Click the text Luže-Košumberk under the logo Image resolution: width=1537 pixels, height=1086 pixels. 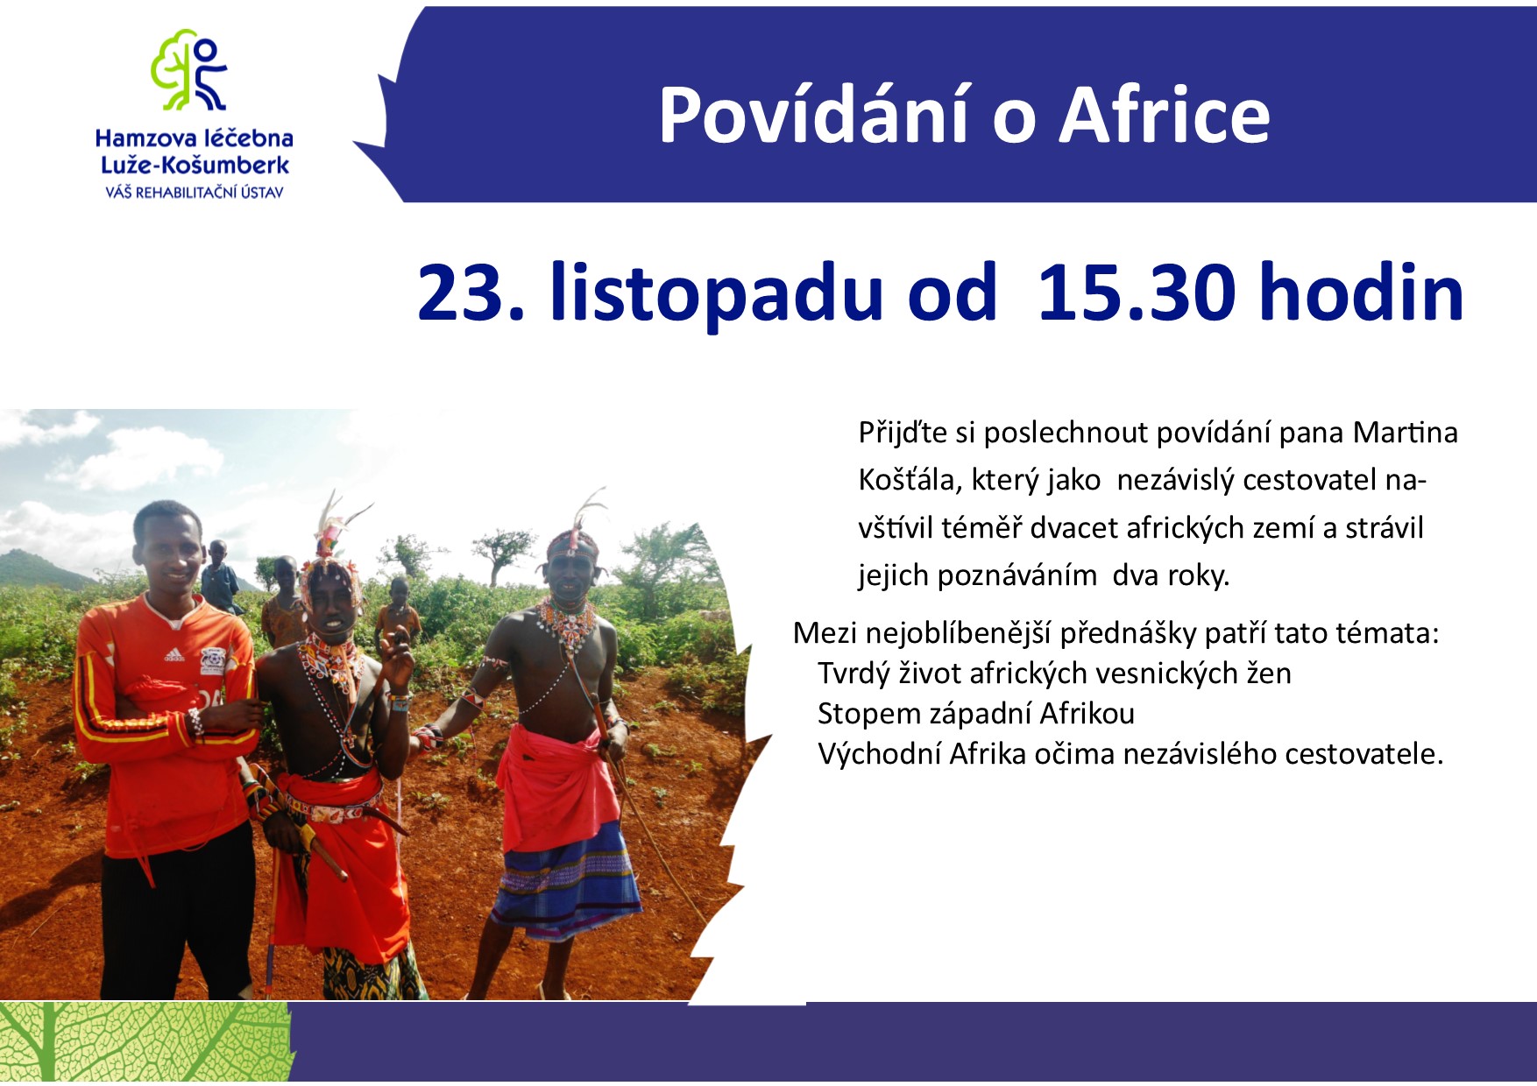(x=195, y=165)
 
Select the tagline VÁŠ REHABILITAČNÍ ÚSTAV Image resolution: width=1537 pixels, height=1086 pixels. (x=194, y=192)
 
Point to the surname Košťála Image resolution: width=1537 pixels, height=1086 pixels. (x=910, y=480)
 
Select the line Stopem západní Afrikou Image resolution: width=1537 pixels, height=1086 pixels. (x=975, y=714)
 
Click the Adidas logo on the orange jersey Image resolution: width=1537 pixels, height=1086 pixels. (x=174, y=654)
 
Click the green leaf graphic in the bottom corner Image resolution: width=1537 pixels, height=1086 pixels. (x=145, y=1042)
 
